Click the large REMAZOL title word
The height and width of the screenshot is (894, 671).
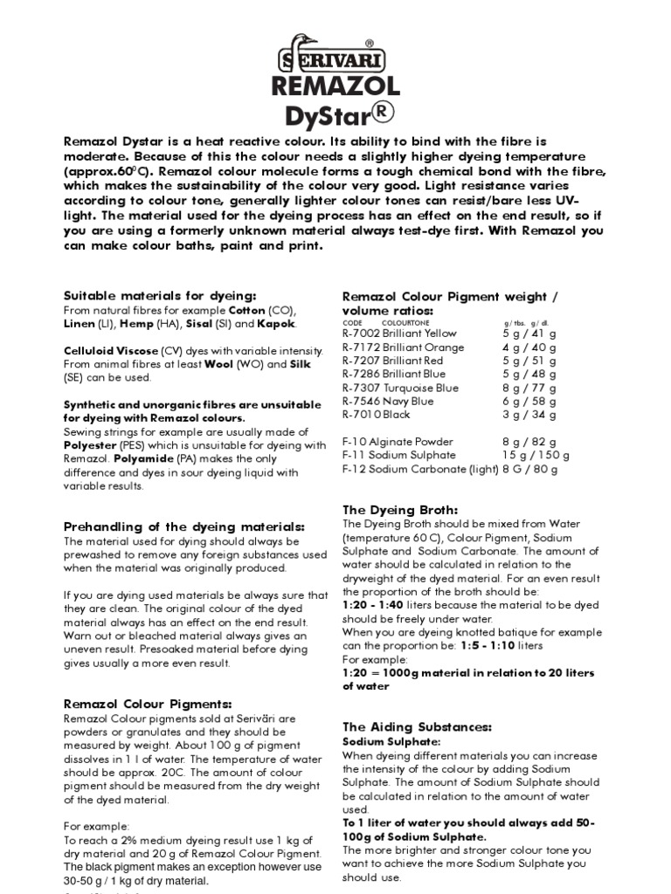tap(335, 86)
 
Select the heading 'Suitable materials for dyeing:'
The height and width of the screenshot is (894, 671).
tap(160, 296)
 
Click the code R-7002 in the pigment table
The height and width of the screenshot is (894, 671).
tap(361, 334)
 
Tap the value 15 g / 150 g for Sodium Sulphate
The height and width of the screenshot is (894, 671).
tap(536, 456)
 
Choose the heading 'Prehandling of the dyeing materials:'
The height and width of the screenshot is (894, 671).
tap(184, 526)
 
